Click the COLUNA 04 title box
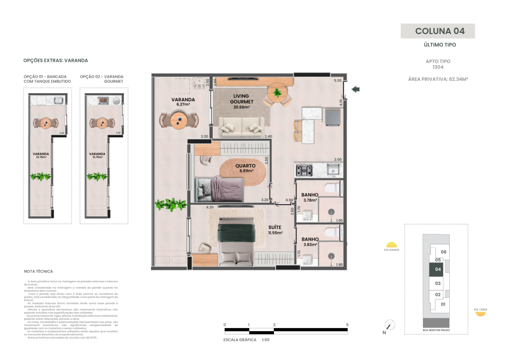437,31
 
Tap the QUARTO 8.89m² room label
245,169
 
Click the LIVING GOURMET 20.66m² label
241,101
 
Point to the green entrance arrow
355,89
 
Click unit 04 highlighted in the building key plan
437,269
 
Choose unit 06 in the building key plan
444,251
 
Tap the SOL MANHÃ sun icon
391,245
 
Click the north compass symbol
390,325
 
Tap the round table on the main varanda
178,120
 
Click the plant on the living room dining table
278,93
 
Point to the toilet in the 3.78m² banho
332,188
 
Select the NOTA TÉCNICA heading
39,271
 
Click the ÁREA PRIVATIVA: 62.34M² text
437,79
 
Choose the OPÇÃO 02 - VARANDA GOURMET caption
102,79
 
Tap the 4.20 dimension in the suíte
210,207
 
